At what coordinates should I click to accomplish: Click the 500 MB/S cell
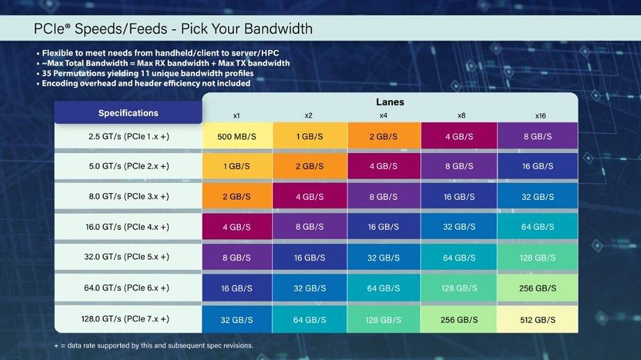237,136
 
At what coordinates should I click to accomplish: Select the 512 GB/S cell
537,319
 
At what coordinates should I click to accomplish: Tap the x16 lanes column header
540,116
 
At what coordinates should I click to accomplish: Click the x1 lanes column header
237,116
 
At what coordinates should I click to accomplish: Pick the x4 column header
384,116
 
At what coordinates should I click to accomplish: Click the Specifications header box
128,113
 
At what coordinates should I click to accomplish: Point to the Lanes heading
389,102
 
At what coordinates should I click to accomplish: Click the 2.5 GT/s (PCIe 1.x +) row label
128,136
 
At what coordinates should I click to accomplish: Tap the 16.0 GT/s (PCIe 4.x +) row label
128,227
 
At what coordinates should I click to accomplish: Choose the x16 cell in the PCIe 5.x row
537,257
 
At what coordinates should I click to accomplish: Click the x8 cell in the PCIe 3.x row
459,196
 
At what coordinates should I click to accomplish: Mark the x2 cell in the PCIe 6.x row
309,288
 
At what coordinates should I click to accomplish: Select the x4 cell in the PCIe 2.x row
384,166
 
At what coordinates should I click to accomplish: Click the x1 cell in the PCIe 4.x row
237,227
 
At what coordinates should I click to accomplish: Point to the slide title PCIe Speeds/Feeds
173,29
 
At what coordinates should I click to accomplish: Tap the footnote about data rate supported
153,346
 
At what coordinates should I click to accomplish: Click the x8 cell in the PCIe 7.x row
459,319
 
